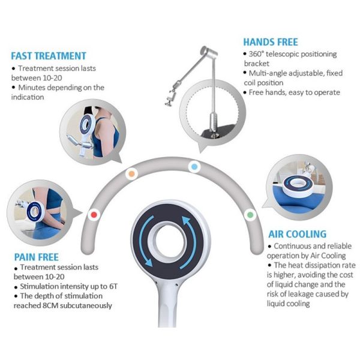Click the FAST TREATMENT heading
click(x=49, y=56)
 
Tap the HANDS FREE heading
click(x=271, y=42)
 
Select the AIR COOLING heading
click(x=298, y=234)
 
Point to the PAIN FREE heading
click(x=36, y=257)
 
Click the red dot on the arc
click(x=94, y=215)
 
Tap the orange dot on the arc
click(x=131, y=174)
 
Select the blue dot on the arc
click(x=194, y=167)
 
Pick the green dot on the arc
click(x=250, y=215)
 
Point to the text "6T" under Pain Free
click(x=113, y=286)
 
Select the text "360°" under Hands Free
click(x=256, y=54)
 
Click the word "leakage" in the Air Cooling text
click(x=301, y=294)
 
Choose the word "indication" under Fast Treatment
click(x=28, y=97)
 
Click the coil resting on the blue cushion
click(x=298, y=185)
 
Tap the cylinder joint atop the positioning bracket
click(x=209, y=52)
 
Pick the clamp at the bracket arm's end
click(x=170, y=101)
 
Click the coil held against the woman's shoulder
click(x=87, y=125)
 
